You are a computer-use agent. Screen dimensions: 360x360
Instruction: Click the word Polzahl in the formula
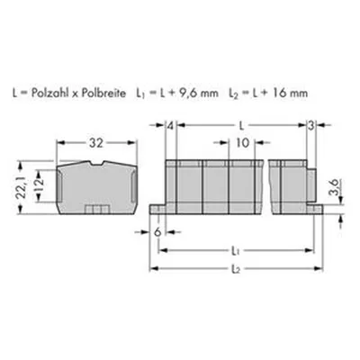(x=47, y=94)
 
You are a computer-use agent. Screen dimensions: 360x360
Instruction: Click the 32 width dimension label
(x=96, y=143)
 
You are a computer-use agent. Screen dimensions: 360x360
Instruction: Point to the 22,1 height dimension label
(x=22, y=188)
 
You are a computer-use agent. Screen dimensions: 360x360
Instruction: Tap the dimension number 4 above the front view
(x=170, y=126)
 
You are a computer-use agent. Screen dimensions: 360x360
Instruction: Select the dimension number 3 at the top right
(x=311, y=126)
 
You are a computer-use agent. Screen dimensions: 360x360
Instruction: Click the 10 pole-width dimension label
(x=242, y=143)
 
